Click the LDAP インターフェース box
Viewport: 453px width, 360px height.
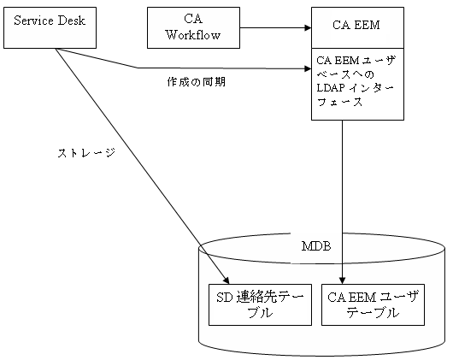coord(356,83)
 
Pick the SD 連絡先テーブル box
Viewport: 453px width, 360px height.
coord(261,304)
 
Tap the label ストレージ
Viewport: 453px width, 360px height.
coord(86,154)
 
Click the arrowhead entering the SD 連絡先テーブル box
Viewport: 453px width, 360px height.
coord(226,280)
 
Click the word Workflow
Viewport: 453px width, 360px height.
coord(193,35)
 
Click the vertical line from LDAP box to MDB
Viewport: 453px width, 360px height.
coord(344,197)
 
